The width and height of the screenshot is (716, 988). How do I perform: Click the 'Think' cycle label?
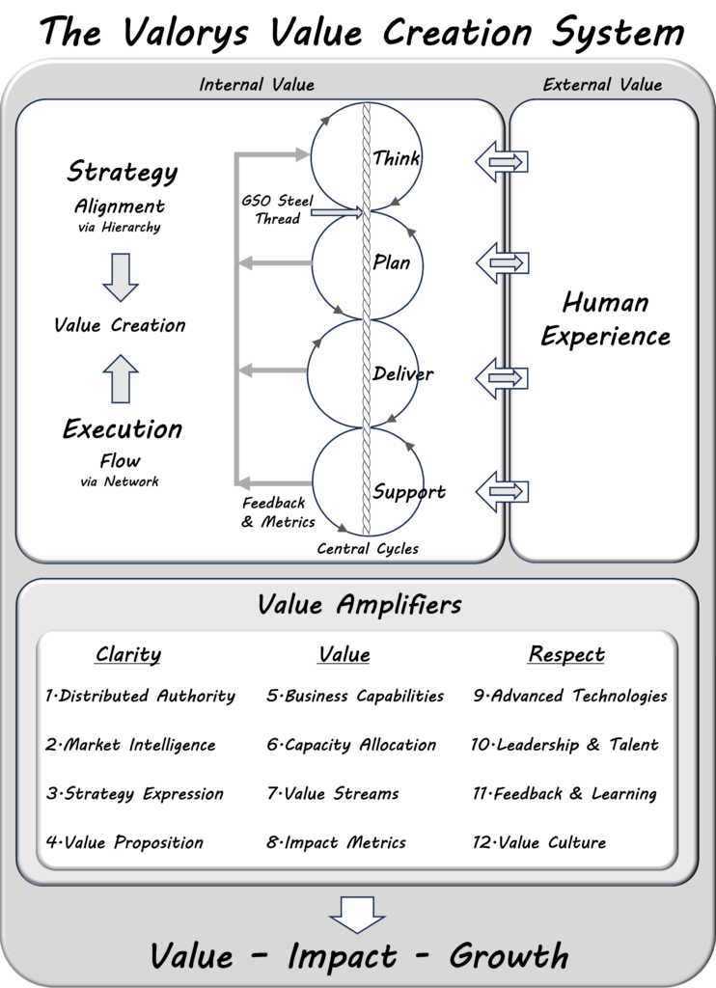[x=397, y=158]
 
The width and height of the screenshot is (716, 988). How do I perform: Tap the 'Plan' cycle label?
[x=392, y=262]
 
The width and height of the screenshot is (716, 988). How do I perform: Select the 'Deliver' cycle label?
[x=403, y=373]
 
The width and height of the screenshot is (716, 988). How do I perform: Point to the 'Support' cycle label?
[x=409, y=492]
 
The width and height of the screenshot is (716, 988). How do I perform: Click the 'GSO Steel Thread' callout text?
[x=278, y=209]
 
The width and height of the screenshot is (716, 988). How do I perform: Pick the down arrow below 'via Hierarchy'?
[x=121, y=277]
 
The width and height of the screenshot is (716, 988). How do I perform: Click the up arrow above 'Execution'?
[x=121, y=378]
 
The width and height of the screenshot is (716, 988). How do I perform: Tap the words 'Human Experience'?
[x=605, y=319]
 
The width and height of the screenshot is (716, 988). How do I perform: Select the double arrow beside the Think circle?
[x=502, y=161]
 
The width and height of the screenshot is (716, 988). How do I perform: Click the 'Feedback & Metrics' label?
[x=278, y=512]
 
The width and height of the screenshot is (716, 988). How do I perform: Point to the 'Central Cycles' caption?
[x=368, y=549]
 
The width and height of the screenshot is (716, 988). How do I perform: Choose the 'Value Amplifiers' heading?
[x=359, y=605]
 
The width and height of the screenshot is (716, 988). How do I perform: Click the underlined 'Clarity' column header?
[x=128, y=655]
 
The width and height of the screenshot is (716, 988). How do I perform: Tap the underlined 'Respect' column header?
[x=566, y=655]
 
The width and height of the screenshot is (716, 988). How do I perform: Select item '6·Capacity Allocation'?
[x=351, y=745]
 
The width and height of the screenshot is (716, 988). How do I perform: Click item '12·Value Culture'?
[x=538, y=842]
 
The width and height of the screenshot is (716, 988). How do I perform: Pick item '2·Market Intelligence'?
[x=130, y=745]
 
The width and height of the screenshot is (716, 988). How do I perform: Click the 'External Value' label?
[x=602, y=85]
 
